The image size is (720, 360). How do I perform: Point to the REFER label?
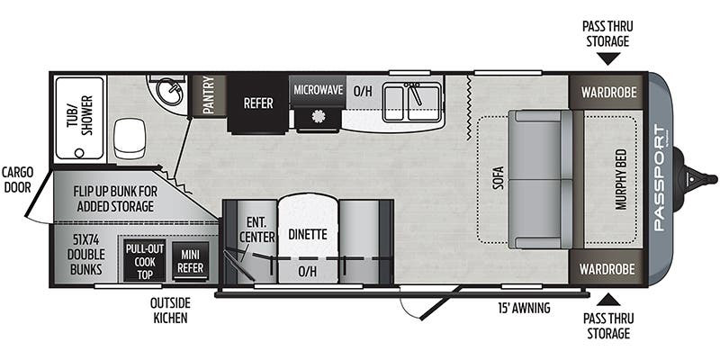(258, 103)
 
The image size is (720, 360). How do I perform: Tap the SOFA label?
(498, 179)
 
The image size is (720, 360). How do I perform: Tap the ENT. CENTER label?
(256, 230)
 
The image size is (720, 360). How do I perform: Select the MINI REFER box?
(190, 260)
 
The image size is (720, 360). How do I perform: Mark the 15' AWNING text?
(525, 309)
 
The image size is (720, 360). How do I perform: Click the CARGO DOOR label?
(18, 178)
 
